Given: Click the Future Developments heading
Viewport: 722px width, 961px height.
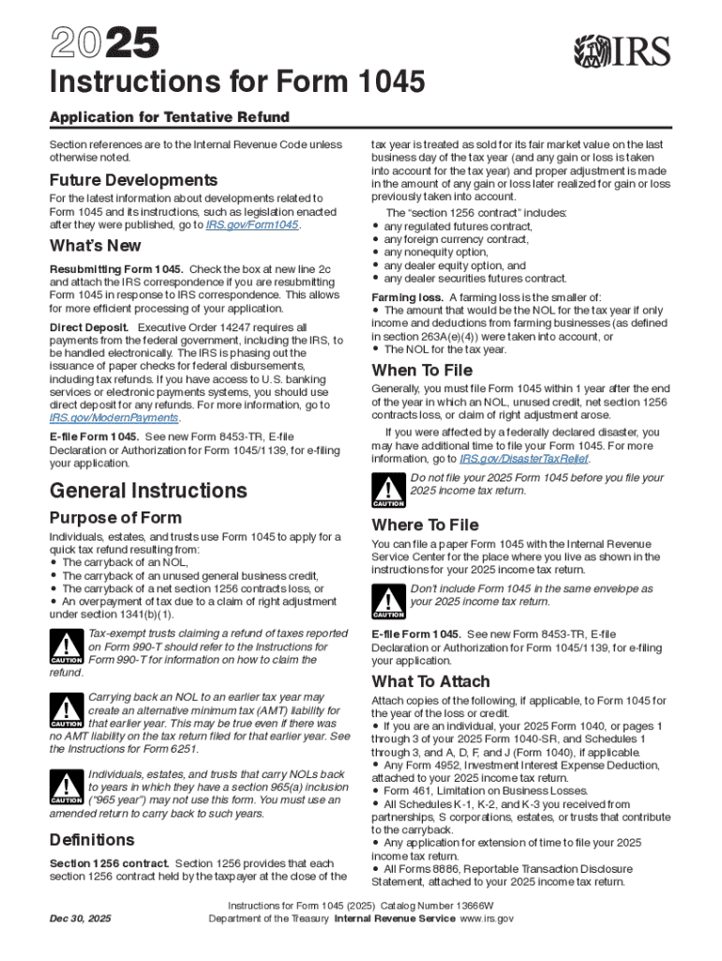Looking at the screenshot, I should point(133,180).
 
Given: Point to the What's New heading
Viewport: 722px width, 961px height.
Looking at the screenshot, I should point(96,246).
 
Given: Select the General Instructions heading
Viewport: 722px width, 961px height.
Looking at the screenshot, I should point(148,490).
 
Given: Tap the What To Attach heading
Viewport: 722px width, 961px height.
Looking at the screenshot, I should point(430,681).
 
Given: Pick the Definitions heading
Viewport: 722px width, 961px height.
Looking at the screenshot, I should point(92,839).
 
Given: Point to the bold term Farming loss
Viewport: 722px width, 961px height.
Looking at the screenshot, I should point(407,297).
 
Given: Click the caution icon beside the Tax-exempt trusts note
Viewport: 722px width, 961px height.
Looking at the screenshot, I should point(65,647).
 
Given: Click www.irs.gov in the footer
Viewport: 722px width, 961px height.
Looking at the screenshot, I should point(485,919).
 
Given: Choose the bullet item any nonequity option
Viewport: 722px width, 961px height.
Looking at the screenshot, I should point(436,252).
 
